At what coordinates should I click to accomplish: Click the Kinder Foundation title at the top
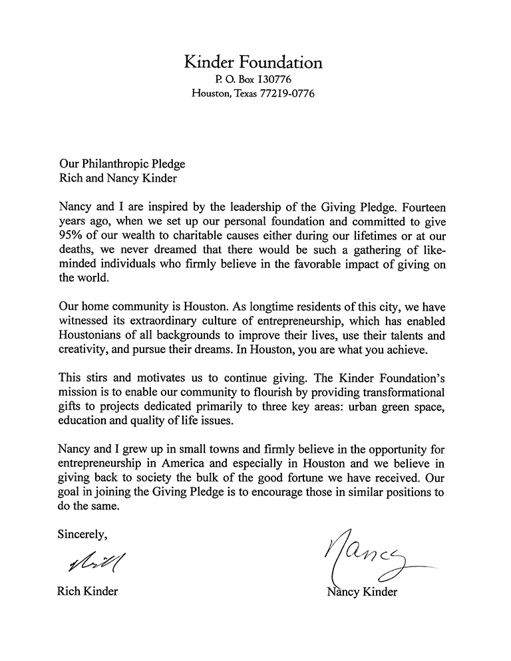click(253, 63)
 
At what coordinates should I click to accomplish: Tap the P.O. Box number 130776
click(274, 80)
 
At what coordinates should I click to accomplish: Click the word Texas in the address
click(236, 94)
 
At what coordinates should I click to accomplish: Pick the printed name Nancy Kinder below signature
click(361, 592)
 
